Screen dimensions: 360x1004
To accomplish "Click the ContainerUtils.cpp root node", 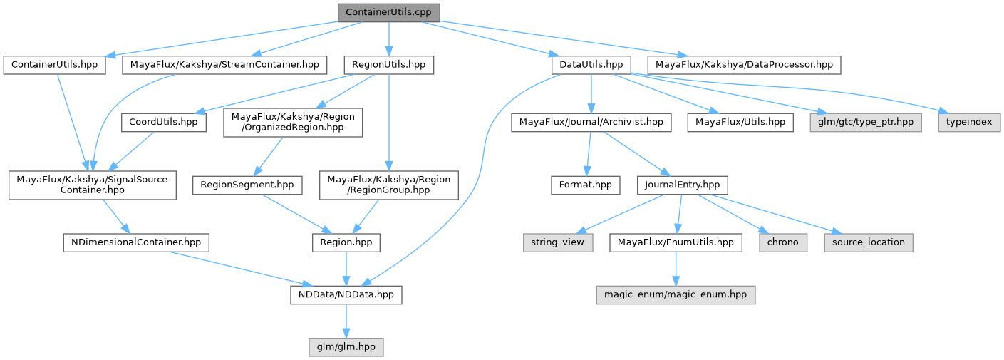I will pos(388,13).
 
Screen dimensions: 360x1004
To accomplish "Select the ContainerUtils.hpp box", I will pos(54,65).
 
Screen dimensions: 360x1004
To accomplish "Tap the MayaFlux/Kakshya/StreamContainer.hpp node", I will pos(224,65).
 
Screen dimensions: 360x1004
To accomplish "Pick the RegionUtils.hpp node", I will pos(388,65).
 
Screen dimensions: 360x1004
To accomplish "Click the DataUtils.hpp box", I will pos(591,65).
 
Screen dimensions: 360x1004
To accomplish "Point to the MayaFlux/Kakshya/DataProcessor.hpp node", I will pos(744,65).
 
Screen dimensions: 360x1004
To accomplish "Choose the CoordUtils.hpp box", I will pos(164,123).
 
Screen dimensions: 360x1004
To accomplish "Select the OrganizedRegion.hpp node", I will pos(294,123).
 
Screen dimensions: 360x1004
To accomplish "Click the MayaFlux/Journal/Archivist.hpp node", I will pos(591,123).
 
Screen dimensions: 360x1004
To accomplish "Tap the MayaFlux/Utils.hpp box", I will pos(740,123).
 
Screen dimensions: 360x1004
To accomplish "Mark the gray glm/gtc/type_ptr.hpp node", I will pos(864,123).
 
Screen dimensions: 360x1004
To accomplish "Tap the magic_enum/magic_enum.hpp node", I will pos(675,294).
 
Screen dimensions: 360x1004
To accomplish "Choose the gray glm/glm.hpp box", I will pos(346,347).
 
